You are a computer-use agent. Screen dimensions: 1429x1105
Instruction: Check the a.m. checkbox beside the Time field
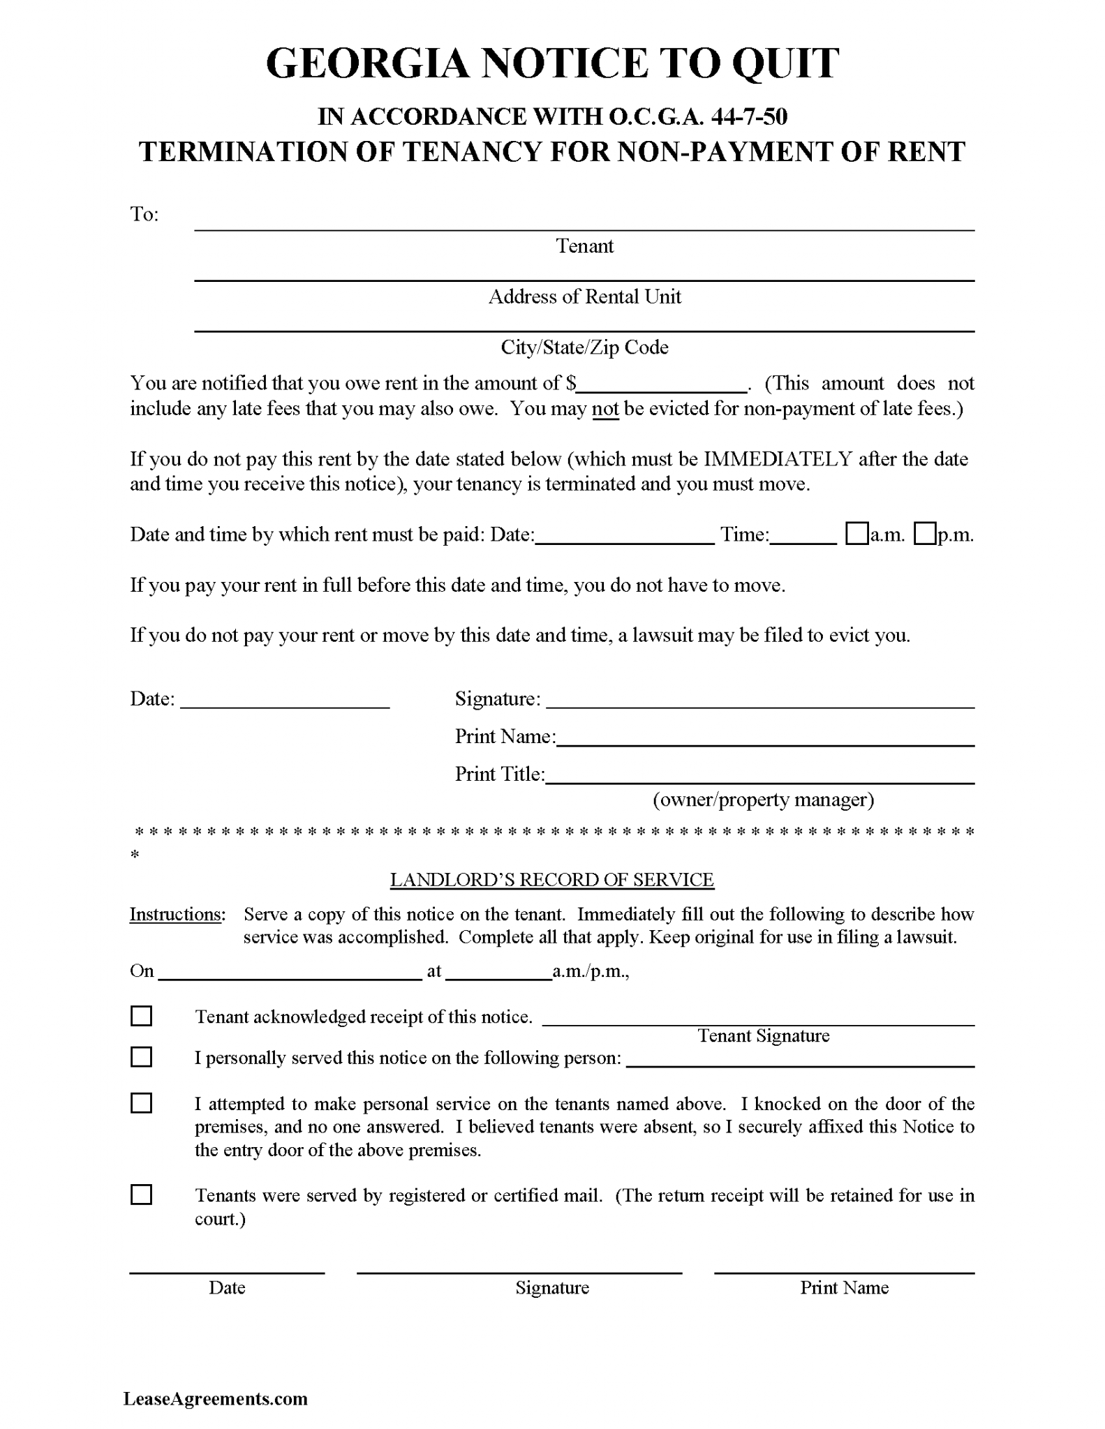click(856, 534)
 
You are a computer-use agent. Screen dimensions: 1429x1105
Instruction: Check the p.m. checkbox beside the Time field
click(925, 534)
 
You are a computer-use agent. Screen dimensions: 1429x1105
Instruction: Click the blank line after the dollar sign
click(662, 385)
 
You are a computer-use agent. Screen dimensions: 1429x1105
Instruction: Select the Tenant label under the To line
click(584, 246)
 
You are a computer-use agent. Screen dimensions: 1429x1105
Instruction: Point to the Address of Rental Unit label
click(584, 297)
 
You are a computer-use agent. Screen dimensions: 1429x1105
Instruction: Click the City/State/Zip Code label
click(584, 347)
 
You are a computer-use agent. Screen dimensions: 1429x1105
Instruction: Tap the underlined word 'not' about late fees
click(605, 409)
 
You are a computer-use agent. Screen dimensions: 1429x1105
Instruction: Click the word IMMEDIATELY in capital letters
click(778, 459)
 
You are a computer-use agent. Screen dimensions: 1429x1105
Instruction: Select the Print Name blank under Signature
click(765, 739)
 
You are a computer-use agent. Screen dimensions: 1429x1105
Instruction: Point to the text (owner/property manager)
click(763, 800)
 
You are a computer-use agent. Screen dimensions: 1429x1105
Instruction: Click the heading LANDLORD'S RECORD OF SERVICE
click(551, 880)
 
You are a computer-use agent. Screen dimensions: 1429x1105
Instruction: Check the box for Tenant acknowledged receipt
click(142, 1016)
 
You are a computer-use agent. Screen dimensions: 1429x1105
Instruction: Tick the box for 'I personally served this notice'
click(142, 1057)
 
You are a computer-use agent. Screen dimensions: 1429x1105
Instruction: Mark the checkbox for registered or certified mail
click(142, 1195)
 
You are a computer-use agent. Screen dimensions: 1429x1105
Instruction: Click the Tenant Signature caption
click(763, 1036)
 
